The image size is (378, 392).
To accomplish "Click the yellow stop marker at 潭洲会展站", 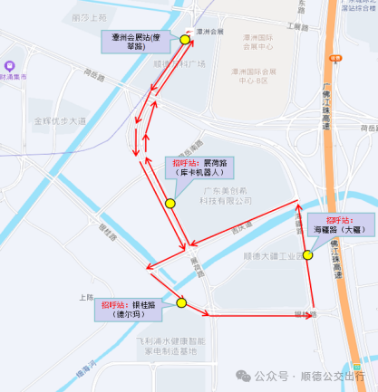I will pos(186,40).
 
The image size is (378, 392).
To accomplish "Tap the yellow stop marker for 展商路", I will pos(170,204).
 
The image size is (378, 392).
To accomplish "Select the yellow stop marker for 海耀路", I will pos(308,255).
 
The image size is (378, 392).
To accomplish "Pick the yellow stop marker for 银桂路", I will pos(181,304).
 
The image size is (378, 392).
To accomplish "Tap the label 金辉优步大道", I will pos(60,120).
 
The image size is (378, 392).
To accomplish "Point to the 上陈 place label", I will pos(86,297).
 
